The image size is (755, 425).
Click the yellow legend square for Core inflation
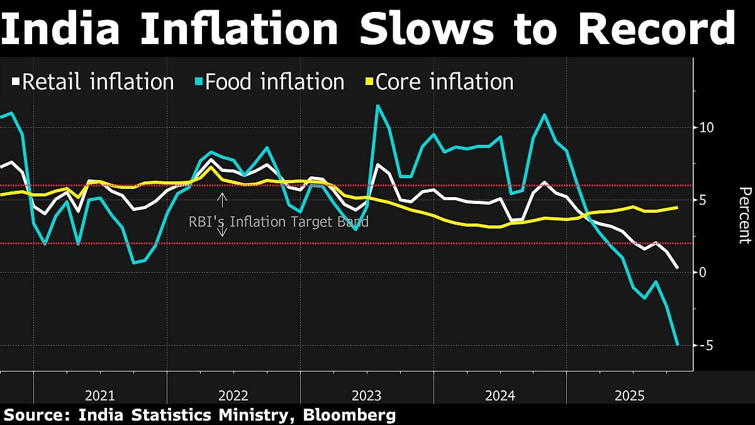point(370,82)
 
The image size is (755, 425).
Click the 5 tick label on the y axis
point(703,200)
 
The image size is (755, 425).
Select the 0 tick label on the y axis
point(703,273)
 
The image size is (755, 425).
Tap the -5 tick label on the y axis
point(705,346)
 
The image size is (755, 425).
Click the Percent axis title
point(744,215)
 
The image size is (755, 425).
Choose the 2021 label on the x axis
point(100,395)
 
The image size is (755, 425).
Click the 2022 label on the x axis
point(233,395)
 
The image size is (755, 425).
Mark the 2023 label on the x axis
point(367,395)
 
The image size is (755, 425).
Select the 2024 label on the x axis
point(500,395)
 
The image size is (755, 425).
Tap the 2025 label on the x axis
point(630,395)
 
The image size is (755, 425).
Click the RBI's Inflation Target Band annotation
point(279,222)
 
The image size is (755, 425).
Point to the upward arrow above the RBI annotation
point(222,200)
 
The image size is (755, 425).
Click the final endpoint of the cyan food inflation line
point(678,344)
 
